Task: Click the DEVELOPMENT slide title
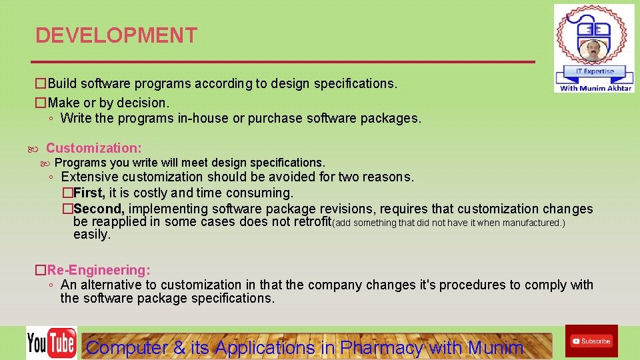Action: tap(116, 35)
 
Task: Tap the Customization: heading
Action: tap(93, 148)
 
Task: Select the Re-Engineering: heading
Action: tap(99, 270)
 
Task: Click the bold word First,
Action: tap(89, 193)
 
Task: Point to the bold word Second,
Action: tap(99, 209)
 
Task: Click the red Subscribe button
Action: tap(591, 341)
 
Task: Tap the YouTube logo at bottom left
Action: tap(51, 343)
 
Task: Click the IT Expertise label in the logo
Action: tap(594, 71)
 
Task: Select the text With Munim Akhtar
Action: tap(595, 88)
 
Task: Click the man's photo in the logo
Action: tap(593, 50)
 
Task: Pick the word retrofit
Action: tap(309, 222)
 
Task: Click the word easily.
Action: tap(91, 235)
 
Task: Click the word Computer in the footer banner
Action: tap(127, 347)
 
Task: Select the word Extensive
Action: tap(89, 177)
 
